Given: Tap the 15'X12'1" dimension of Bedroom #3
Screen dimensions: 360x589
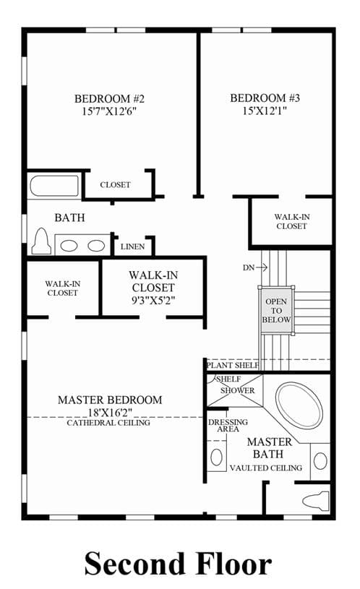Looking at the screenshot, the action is point(265,111).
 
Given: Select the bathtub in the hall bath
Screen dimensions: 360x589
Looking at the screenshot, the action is point(54,186).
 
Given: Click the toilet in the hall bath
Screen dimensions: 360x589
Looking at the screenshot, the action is point(41,241).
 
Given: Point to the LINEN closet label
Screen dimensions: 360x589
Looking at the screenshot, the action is point(133,246).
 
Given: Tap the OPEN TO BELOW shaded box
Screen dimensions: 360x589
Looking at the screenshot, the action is point(276,310).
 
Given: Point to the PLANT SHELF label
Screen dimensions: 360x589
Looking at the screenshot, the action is point(233,365).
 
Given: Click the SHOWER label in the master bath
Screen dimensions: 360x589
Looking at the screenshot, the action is point(238,391).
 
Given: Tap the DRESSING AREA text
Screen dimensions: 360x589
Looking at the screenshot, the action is point(228,425).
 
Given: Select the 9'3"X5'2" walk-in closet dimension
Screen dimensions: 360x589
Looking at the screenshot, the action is point(153,300).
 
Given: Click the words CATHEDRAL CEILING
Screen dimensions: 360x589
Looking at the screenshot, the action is point(108,423).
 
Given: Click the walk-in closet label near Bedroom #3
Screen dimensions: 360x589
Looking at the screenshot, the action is point(292,222).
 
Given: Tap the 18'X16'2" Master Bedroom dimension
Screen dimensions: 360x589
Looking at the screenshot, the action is point(110,413).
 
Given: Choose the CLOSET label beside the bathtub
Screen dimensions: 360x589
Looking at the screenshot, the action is point(116,185).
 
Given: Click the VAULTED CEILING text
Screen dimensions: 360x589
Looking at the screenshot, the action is point(266,468).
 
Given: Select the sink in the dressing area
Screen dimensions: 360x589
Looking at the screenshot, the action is point(217,457).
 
